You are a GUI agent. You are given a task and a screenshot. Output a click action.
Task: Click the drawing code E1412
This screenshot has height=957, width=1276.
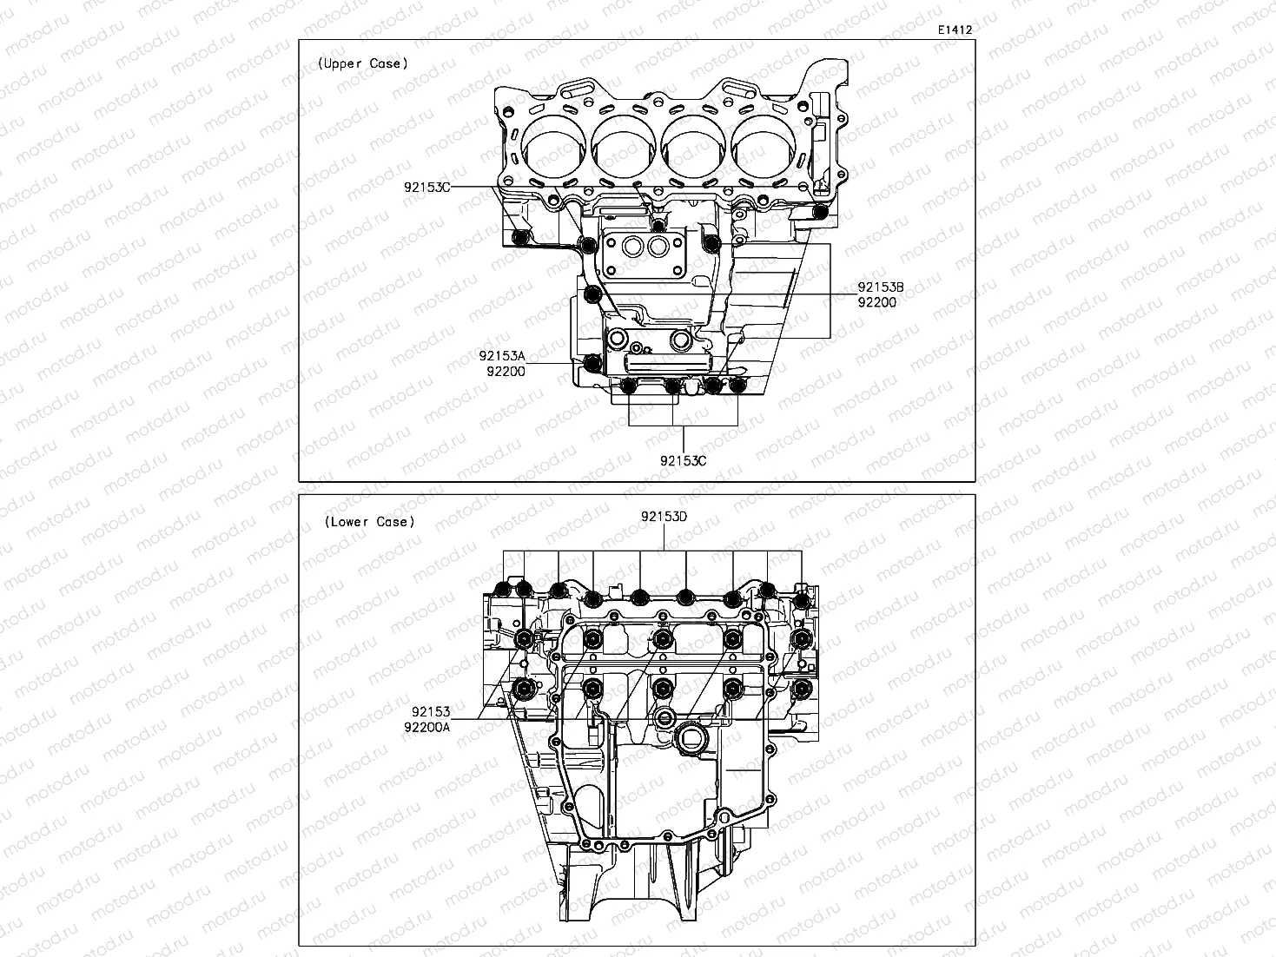pyautogui.click(x=954, y=30)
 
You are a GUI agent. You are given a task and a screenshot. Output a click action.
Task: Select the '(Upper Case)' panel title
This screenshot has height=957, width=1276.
pyautogui.click(x=362, y=63)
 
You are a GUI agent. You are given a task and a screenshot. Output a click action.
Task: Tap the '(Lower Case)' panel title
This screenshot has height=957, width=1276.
pyautogui.click(x=369, y=522)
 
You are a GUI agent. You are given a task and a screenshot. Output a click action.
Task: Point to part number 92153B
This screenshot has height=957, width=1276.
pyautogui.click(x=881, y=287)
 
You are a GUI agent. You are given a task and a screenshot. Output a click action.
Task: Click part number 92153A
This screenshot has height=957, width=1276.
pyautogui.click(x=502, y=356)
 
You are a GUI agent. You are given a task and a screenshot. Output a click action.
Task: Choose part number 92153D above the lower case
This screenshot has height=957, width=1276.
pyautogui.click(x=664, y=516)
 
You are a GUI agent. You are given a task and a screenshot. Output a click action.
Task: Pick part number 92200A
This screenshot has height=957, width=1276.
pyautogui.click(x=426, y=727)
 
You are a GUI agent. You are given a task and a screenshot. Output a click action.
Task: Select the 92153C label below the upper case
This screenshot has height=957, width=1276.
pyautogui.click(x=683, y=460)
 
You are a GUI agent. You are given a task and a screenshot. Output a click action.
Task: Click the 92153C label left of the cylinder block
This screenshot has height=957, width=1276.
pyautogui.click(x=426, y=187)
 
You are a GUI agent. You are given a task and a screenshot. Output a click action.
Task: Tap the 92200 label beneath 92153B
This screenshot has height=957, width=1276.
pyautogui.click(x=876, y=302)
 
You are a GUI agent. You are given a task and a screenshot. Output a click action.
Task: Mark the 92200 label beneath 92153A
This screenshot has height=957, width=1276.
pyautogui.click(x=505, y=372)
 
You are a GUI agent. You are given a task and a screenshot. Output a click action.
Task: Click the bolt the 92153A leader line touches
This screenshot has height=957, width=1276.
pyautogui.click(x=592, y=363)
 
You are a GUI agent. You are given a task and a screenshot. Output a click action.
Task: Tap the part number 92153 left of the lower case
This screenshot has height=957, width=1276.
pyautogui.click(x=431, y=711)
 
